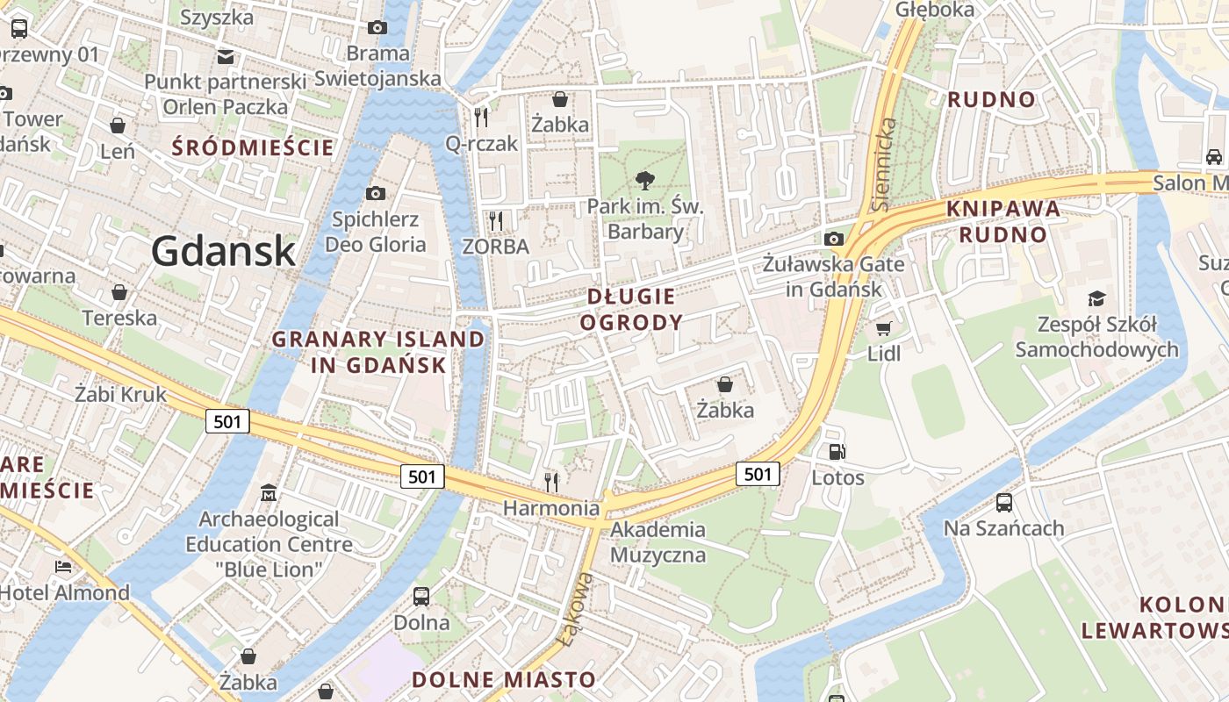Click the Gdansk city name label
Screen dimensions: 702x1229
click(x=223, y=252)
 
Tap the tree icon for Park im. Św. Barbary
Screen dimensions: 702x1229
click(x=645, y=182)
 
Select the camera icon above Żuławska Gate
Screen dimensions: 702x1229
click(x=834, y=239)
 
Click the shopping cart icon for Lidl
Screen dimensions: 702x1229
click(x=883, y=328)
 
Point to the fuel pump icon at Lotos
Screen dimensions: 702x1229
click(x=837, y=453)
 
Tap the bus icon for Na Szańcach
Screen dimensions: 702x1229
click(x=1004, y=503)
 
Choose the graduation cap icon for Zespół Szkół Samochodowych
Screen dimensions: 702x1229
click(x=1096, y=298)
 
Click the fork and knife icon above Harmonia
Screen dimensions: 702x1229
click(x=551, y=482)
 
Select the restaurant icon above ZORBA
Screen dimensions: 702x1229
click(x=496, y=220)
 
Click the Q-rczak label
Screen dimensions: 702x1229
click(x=482, y=143)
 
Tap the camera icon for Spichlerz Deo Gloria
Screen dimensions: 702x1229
click(x=376, y=193)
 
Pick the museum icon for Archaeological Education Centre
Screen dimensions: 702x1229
click(x=269, y=494)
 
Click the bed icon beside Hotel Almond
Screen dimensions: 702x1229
click(x=62, y=567)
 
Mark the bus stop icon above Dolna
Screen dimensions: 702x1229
click(x=421, y=597)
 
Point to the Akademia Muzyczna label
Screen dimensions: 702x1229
click(x=658, y=541)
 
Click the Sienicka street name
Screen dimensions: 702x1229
click(x=886, y=164)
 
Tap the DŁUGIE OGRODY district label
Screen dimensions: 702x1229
click(x=631, y=309)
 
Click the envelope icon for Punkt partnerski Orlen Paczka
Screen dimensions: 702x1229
click(x=226, y=57)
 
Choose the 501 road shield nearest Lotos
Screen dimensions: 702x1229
click(x=758, y=474)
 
